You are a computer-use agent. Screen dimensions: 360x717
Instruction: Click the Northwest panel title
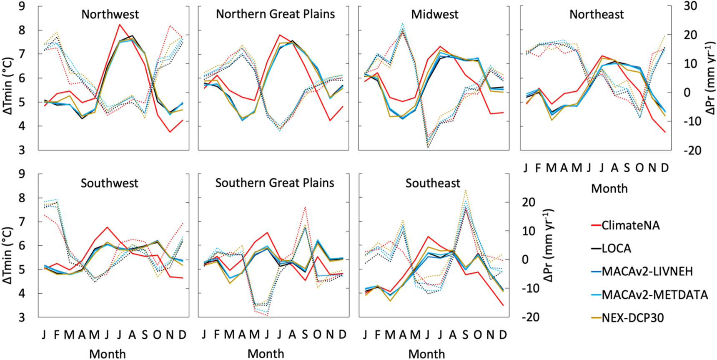(110, 14)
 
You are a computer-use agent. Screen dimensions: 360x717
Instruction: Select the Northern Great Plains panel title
(275, 14)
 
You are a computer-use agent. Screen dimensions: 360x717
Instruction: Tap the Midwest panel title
(434, 14)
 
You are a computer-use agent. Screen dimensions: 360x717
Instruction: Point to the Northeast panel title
(597, 14)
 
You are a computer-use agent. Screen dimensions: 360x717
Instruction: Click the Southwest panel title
(109, 183)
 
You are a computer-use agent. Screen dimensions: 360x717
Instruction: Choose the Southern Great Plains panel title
(275, 183)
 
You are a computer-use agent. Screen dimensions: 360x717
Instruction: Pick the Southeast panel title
(433, 183)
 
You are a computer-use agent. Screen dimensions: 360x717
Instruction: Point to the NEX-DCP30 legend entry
(633, 318)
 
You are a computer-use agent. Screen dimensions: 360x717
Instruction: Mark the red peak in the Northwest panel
(120, 24)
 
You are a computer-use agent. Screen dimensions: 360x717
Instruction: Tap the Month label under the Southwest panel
(107, 354)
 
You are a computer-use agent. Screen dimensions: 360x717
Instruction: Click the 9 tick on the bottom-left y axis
(21, 174)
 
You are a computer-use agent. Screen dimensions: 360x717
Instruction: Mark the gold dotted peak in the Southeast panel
(465, 191)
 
